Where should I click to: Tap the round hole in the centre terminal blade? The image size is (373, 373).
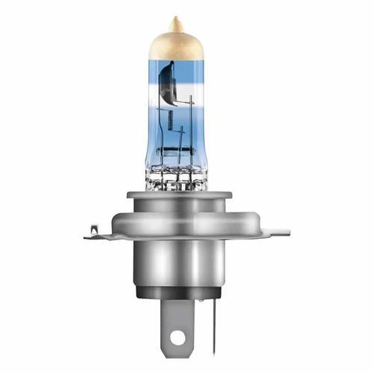[177, 337]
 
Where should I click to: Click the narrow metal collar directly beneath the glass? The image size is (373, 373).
[179, 195]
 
